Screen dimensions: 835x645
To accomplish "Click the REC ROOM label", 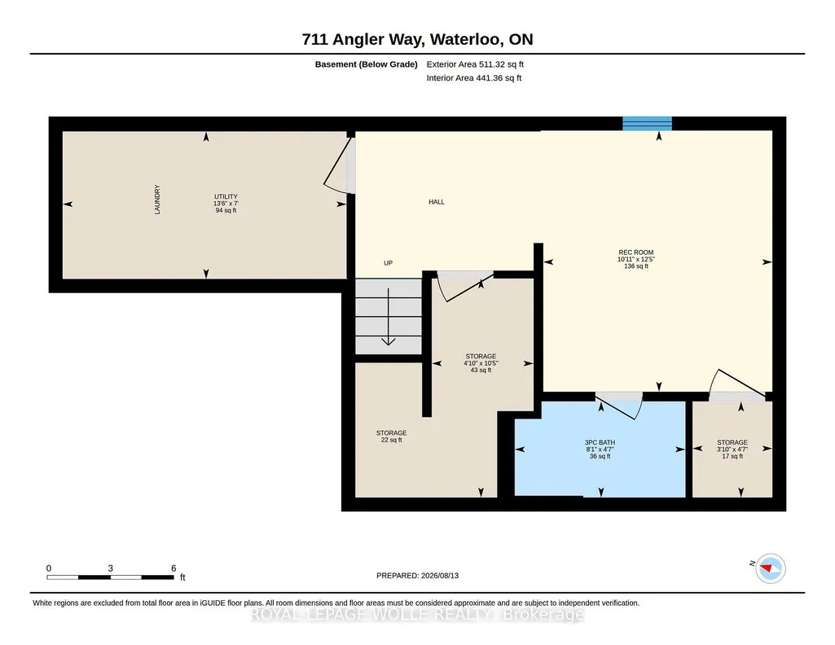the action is (x=636, y=259).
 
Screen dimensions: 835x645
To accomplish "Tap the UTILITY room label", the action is (x=226, y=204).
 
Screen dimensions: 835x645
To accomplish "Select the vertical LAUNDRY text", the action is (x=157, y=200).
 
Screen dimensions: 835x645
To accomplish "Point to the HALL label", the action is (x=437, y=202).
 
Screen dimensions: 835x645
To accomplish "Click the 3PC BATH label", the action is (x=600, y=450).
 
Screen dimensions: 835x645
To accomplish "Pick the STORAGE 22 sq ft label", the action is (x=391, y=437).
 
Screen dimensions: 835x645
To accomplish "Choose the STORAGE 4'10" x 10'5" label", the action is (x=481, y=363).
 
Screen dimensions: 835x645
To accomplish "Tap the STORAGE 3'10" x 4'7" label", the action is (x=732, y=450).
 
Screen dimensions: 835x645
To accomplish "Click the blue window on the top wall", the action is (x=647, y=124).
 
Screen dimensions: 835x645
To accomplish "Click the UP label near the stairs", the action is (x=389, y=263).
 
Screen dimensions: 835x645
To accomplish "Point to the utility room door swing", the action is (x=337, y=165).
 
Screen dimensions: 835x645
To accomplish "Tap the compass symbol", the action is (x=771, y=568).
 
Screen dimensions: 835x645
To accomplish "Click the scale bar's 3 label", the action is (x=110, y=568).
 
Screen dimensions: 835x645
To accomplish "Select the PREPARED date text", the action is (x=417, y=575).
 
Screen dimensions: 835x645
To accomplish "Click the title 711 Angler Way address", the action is (x=417, y=39).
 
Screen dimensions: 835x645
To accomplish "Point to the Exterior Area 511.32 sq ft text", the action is (x=475, y=64).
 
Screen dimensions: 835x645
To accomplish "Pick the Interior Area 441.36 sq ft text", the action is (x=474, y=77).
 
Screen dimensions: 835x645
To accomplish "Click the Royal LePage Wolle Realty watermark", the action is (x=417, y=615).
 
